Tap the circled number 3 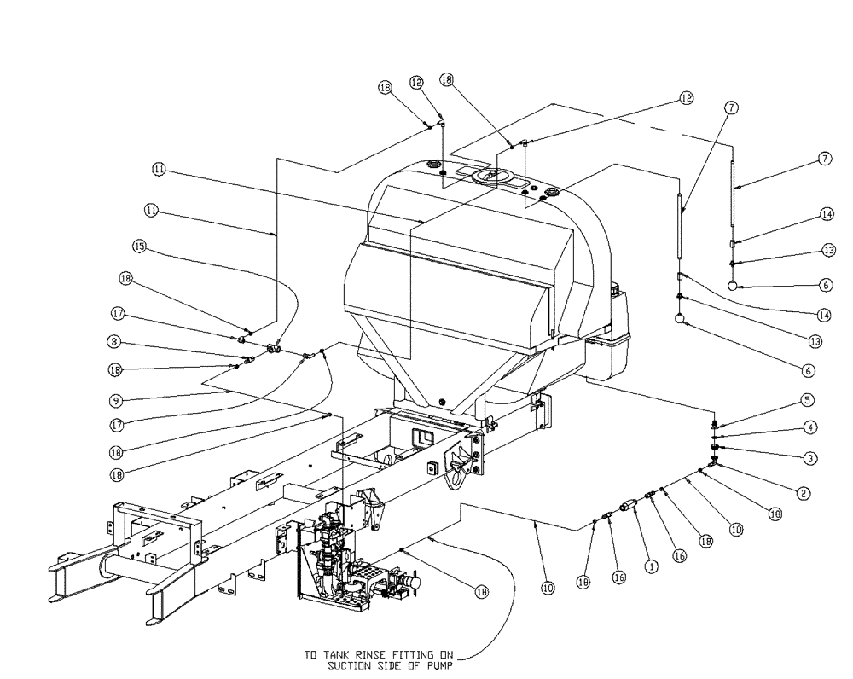coord(808,458)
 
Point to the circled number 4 coord(808,427)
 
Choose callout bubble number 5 coord(808,398)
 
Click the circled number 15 coord(138,247)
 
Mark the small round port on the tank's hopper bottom coord(440,400)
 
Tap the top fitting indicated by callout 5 coord(713,424)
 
